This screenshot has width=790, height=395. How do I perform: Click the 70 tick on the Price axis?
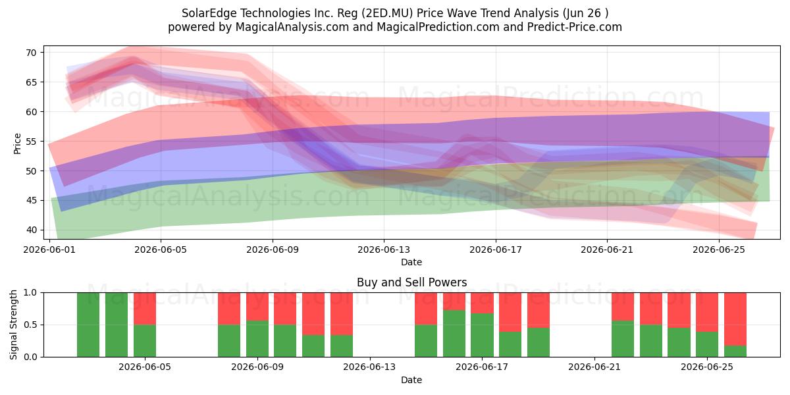tap(31, 53)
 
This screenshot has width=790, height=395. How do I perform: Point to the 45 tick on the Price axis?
tap(31, 201)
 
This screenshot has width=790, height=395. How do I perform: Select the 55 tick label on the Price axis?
tap(31, 142)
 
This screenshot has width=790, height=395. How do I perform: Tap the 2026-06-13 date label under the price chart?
tap(384, 250)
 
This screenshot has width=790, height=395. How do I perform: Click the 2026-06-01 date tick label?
tap(49, 250)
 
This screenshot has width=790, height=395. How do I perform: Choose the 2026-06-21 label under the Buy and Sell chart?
tap(594, 367)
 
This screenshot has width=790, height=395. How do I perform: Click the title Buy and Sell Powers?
tap(411, 282)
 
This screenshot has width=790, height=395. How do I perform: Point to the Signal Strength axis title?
tap(13, 325)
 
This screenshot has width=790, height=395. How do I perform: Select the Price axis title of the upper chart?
tap(17, 144)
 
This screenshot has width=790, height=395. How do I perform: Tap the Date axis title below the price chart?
tap(411, 262)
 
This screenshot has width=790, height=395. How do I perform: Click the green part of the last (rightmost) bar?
tap(735, 352)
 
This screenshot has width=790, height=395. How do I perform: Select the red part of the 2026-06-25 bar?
tap(707, 313)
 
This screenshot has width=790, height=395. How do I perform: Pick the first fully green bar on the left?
tap(88, 325)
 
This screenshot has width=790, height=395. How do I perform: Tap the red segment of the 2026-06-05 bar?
tap(145, 309)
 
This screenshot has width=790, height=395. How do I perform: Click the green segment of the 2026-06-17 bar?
tap(482, 335)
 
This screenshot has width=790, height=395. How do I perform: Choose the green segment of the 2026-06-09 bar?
tap(257, 339)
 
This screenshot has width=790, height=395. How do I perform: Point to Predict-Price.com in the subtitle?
tap(575, 27)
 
